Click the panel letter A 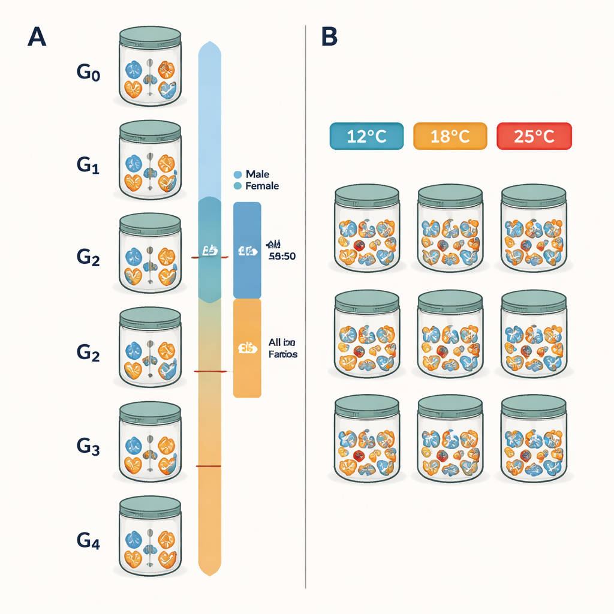[37, 37]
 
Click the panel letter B [329, 37]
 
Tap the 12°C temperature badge [366, 136]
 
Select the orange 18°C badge [450, 136]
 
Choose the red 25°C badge [534, 136]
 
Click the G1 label [88, 165]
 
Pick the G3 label [88, 446]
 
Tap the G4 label [88, 541]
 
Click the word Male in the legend [258, 174]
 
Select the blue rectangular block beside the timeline [247, 250]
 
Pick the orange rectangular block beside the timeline [247, 348]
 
